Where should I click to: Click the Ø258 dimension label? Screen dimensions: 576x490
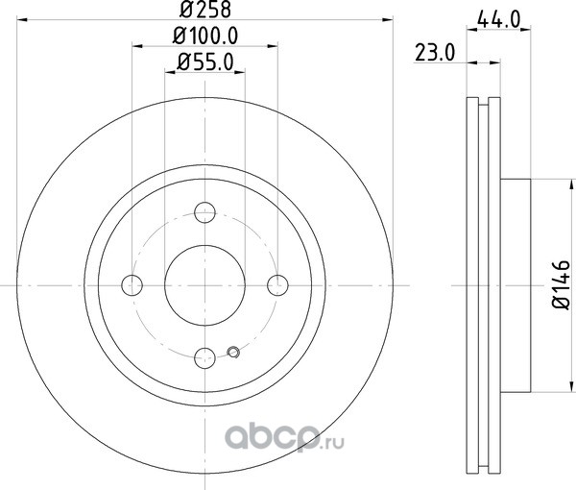click(205, 10)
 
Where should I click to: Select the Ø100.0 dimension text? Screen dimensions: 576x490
click(205, 36)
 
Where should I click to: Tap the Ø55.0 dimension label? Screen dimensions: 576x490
click(205, 62)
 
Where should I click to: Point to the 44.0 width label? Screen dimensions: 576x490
click(499, 19)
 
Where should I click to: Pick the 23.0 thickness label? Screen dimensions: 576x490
click(435, 53)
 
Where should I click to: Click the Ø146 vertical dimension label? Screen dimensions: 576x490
click(561, 285)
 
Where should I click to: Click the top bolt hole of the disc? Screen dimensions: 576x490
click(204, 212)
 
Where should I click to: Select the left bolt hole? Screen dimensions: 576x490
click(132, 285)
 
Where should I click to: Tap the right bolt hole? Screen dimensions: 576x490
click(277, 285)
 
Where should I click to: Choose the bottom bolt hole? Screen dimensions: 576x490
click(204, 357)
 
